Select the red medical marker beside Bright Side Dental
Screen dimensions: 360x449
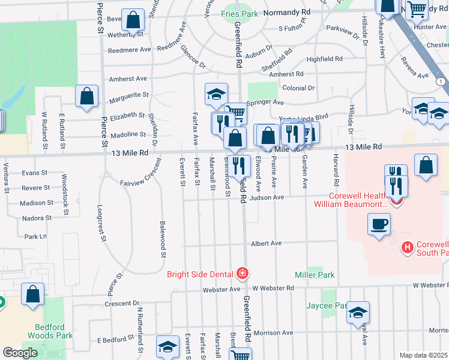point(242,274)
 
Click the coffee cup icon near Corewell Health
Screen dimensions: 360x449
point(378,225)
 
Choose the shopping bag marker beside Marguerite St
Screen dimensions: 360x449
point(87,96)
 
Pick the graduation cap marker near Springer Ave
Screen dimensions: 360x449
point(216,94)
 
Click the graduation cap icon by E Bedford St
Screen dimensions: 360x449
point(167,347)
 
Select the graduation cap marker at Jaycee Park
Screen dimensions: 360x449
point(358,313)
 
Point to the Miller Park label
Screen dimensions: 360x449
point(315,275)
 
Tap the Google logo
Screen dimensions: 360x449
point(20,353)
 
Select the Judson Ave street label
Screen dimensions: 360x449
point(267,197)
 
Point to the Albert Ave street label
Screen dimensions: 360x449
point(267,244)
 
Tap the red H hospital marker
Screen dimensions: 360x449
point(408,247)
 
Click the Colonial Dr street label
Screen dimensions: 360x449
point(298,88)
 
